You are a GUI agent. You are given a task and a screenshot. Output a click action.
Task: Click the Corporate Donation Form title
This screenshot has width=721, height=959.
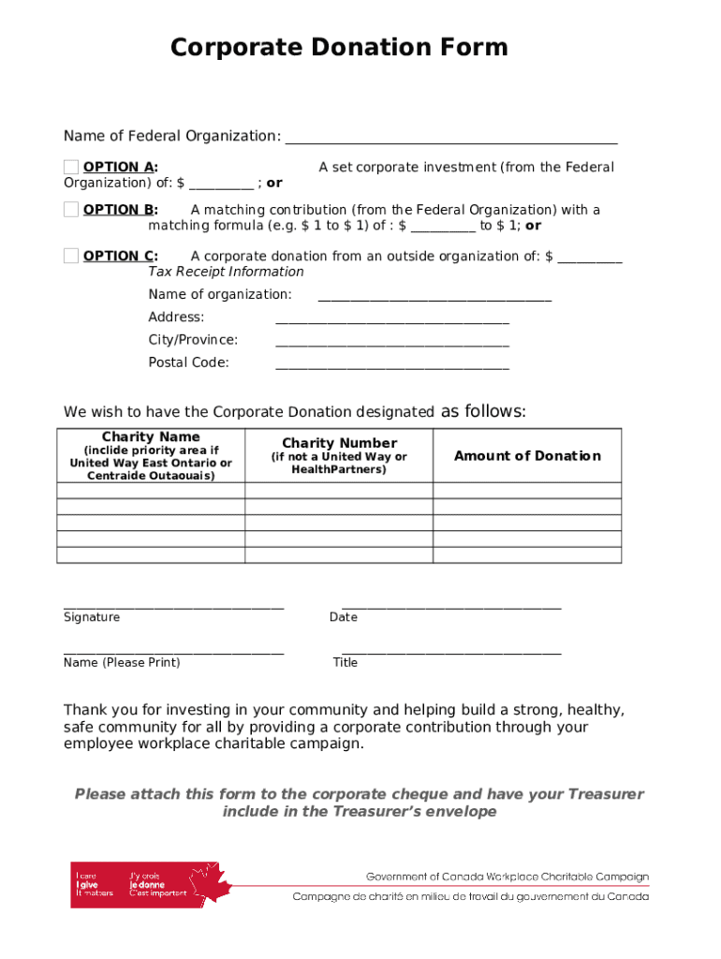click(339, 47)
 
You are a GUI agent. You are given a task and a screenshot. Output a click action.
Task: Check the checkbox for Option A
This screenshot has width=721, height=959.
click(71, 167)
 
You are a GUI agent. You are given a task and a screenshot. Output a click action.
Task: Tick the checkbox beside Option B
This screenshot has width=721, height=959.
click(71, 209)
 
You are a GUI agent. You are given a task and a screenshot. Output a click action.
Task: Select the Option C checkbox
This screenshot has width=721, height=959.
click(71, 256)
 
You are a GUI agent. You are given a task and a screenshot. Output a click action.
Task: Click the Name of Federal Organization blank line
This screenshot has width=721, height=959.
click(451, 141)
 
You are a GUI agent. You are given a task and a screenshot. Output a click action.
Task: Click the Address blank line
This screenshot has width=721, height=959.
click(392, 322)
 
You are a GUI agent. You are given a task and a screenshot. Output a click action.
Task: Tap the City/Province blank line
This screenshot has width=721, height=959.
click(392, 345)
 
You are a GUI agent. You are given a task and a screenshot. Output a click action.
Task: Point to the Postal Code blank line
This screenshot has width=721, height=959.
click(392, 367)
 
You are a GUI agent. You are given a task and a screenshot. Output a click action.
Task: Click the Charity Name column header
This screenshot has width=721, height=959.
click(151, 437)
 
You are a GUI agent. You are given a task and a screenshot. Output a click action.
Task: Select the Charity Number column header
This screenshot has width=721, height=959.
click(339, 443)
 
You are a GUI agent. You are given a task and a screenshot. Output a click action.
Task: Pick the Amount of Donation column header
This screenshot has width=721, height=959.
click(527, 456)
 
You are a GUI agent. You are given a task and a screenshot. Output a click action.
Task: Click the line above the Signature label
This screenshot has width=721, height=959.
click(173, 608)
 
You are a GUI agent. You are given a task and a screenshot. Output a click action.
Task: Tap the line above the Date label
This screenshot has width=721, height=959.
click(451, 608)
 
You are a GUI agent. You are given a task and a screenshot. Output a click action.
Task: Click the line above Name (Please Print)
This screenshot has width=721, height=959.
click(173, 653)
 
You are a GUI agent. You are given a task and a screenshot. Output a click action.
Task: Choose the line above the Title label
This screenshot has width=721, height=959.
click(451, 653)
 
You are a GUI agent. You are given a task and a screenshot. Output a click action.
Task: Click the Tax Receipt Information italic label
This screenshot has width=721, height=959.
click(226, 272)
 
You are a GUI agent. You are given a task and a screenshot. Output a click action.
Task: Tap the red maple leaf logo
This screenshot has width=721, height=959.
click(208, 883)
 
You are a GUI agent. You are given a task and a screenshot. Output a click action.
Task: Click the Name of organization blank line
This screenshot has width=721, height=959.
click(434, 300)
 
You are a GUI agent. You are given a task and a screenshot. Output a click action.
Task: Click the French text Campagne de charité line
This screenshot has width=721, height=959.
click(470, 896)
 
